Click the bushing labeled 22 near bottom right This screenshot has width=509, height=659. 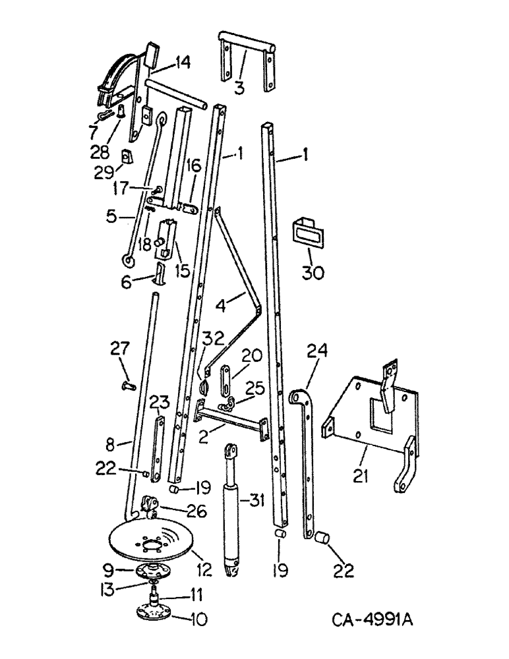(x=322, y=538)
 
